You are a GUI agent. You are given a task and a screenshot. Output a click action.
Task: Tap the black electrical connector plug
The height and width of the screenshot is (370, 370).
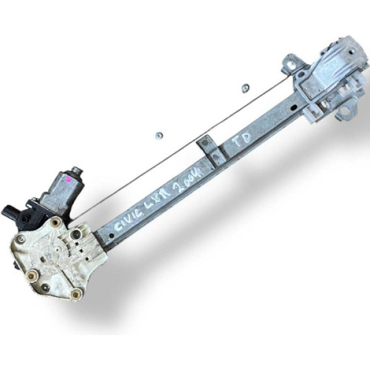[x=14, y=214]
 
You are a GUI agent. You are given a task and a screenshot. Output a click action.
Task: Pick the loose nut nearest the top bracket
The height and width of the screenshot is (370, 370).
[x=245, y=88]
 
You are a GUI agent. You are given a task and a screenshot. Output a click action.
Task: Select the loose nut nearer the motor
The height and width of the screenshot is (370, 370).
[x=158, y=136]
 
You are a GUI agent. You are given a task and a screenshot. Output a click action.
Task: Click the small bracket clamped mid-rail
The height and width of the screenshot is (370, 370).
[x=210, y=149]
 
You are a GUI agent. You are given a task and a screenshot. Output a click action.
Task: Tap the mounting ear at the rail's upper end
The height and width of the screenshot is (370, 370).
[x=289, y=62]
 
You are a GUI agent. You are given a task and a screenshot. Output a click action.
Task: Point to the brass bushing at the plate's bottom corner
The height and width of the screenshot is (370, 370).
[x=76, y=294]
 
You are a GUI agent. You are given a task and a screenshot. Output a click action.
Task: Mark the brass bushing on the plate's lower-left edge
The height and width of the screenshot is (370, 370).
[x=31, y=274]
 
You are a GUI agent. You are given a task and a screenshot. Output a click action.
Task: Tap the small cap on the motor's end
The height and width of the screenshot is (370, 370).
[x=77, y=170]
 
